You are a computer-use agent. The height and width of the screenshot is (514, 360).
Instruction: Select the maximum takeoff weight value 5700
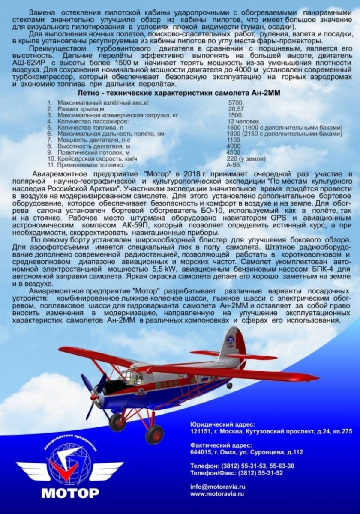point(236,103)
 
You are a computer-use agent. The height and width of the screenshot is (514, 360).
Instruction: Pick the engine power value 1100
point(234,140)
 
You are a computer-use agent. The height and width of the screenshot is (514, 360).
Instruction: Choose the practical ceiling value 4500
point(234,152)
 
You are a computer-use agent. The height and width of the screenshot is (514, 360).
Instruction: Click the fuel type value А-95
point(234,165)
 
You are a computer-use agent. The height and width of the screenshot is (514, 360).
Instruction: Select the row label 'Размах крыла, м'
point(77,109)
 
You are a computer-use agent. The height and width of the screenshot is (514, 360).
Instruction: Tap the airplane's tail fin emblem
point(231,342)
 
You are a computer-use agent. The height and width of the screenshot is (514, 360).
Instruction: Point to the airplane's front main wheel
point(154,434)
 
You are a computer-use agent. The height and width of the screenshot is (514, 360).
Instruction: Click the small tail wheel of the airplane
point(229,385)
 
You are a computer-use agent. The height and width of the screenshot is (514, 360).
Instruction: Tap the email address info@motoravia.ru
point(218,487)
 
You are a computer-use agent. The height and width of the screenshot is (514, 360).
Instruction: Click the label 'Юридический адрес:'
point(223,424)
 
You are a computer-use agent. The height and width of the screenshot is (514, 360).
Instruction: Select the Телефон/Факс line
point(237,473)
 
